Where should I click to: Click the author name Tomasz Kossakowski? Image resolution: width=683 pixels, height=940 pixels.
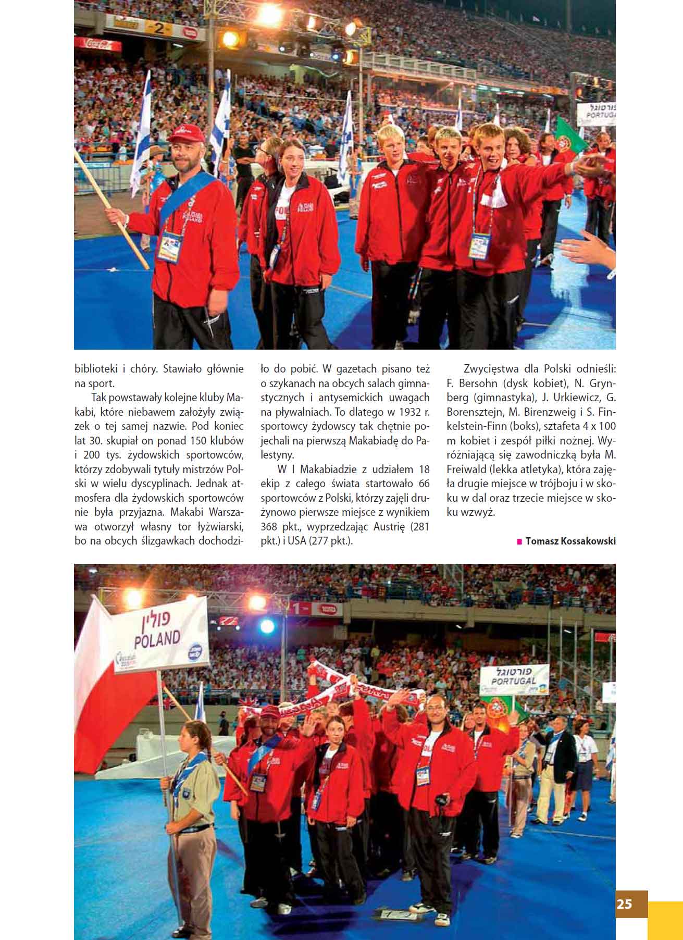click(570, 541)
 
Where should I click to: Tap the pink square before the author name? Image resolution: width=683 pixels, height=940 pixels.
click(519, 541)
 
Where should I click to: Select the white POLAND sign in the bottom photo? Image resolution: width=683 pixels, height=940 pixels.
click(157, 631)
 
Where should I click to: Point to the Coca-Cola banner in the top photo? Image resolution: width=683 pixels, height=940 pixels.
click(94, 44)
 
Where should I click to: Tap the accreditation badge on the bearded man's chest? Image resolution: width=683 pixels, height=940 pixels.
click(170, 245)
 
